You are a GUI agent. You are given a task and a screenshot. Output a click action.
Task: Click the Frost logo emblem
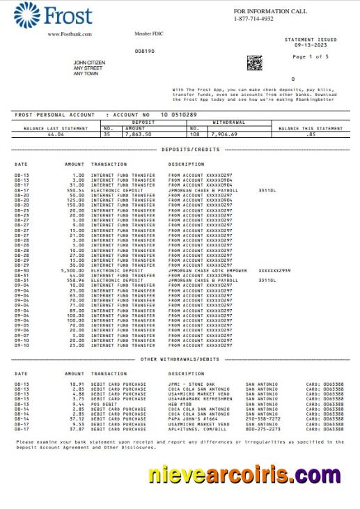coord(26,15)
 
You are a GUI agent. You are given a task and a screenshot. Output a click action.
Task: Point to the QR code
coord(255,63)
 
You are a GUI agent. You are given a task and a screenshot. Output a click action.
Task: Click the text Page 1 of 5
coord(311,56)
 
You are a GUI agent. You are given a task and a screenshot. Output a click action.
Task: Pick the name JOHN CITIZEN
coord(89,63)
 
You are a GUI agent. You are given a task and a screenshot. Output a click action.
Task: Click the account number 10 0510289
coord(178,114)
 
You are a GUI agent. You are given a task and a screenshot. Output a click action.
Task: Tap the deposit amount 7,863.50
coord(136,134)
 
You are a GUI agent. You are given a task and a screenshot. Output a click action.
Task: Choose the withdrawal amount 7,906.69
coord(224,134)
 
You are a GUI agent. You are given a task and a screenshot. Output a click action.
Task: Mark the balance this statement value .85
coord(311,134)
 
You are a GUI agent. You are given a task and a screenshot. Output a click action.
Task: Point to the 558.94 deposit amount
coord(75,279)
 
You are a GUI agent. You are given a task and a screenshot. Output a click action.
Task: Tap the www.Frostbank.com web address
coord(67,34)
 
